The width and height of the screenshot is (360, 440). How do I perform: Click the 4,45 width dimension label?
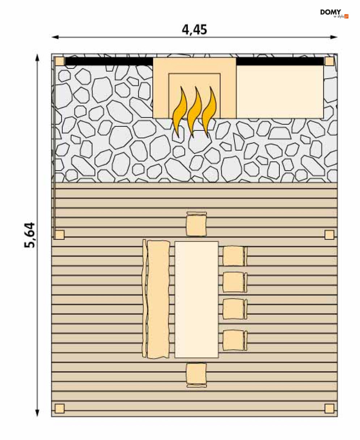194,30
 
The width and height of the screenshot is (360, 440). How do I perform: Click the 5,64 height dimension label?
29,235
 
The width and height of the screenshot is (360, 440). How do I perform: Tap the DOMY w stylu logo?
334,13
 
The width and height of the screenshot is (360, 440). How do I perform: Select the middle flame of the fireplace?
194,112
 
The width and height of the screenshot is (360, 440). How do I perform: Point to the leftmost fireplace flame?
180,112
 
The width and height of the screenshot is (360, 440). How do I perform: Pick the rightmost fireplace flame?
209,112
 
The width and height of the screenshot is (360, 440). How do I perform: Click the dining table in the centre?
196,299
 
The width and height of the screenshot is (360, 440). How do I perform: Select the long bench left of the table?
156,299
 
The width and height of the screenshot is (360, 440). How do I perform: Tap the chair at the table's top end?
196,224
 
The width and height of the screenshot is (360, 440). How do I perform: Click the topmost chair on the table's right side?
235,256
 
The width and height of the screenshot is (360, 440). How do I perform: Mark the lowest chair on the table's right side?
235,340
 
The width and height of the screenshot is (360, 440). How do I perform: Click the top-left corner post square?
60,62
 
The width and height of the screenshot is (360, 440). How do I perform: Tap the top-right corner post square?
329,62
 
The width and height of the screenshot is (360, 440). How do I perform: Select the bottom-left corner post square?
60,408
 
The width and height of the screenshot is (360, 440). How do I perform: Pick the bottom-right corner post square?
329,408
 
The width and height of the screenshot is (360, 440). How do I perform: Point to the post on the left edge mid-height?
60,235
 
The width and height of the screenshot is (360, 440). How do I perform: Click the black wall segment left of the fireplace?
109,62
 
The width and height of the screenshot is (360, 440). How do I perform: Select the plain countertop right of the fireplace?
280,92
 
